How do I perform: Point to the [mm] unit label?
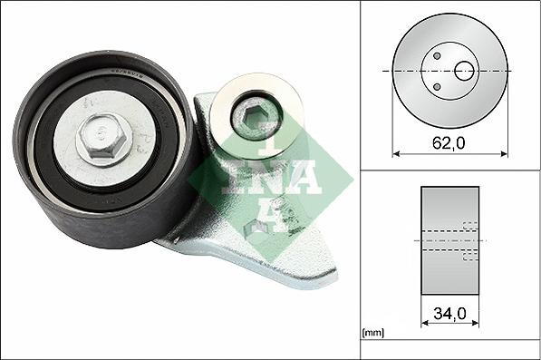[373, 334]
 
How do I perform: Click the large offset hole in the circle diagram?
[464, 71]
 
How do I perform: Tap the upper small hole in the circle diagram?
[437, 56]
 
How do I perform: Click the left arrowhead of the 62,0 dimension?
[396, 153]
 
